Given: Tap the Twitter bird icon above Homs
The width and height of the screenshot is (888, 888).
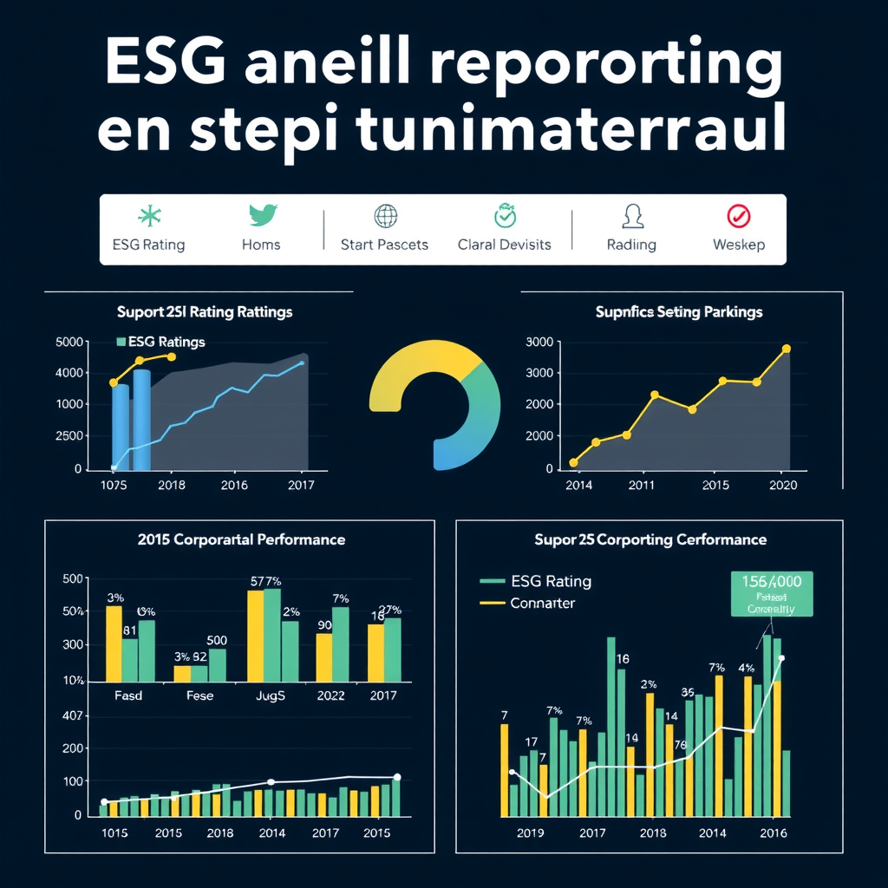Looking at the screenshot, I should point(261,216).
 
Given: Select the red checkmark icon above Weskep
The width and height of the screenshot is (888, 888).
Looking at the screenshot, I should point(739,216).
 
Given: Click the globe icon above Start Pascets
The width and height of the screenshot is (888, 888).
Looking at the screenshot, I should point(384,216).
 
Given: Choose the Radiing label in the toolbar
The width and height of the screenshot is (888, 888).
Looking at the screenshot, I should point(631,245).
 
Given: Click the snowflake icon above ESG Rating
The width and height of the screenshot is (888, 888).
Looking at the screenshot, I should point(150,216).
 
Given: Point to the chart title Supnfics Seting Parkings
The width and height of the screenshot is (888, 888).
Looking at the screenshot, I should point(679,311).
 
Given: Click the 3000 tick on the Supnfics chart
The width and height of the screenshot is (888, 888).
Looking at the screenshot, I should point(541,342).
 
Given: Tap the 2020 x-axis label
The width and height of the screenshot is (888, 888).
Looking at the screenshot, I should point(782,485).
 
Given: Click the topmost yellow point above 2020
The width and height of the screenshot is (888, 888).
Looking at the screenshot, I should point(787,349).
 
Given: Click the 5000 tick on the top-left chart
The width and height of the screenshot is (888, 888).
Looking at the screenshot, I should point(69,342).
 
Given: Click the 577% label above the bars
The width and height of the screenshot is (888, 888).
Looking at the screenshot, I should point(268,582).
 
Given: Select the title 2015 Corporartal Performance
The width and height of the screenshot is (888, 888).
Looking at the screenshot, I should point(241,539).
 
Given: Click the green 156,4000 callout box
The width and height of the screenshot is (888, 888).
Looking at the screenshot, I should point(771,593).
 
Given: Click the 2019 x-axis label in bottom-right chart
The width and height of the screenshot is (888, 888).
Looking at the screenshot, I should point(530,832).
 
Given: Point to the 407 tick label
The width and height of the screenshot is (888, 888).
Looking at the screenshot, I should point(73,716).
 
